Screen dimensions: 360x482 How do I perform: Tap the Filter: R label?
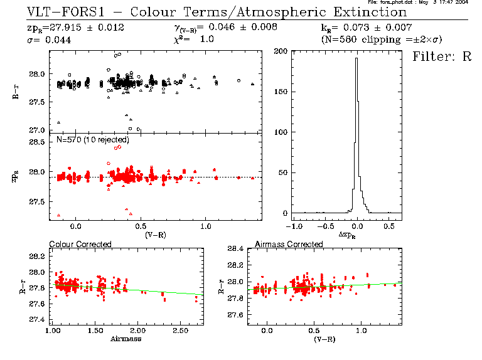[x=442, y=56]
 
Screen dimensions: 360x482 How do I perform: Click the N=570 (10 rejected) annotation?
[x=93, y=139]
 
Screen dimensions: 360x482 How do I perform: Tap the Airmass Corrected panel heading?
[x=289, y=244]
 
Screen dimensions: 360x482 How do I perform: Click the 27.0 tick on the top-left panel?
[x=37, y=130]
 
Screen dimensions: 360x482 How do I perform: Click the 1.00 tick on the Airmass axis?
[x=53, y=330]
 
